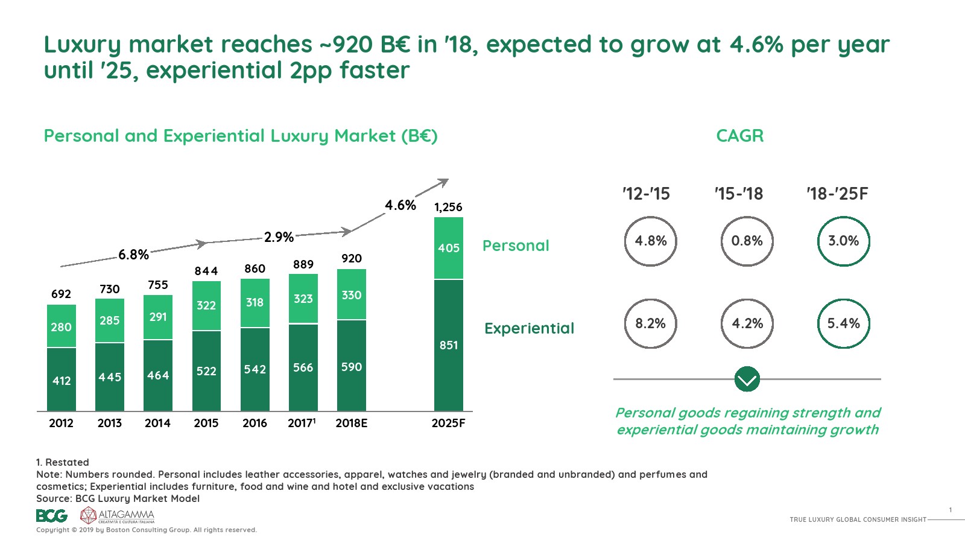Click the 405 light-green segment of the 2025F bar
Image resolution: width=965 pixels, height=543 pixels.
[449, 248]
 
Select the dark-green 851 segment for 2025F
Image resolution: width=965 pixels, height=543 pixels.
[449, 345]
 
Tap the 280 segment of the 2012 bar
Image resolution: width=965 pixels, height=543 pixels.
[62, 326]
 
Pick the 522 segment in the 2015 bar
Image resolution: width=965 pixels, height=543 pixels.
[206, 370]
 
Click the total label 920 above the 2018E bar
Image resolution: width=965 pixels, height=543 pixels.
[352, 258]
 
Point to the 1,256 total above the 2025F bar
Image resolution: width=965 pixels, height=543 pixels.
[448, 208]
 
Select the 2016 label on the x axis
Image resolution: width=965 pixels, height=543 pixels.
[255, 423]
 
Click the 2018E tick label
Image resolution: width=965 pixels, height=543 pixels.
[352, 423]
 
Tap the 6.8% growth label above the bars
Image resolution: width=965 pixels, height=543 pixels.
[133, 255]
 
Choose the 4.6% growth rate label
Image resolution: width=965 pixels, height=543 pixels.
[400, 205]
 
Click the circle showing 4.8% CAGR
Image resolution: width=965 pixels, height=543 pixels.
[650, 241]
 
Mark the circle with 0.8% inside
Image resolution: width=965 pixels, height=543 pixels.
[747, 241]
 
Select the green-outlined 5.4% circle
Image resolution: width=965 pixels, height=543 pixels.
[843, 324]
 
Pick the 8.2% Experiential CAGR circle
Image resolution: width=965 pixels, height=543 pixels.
[650, 324]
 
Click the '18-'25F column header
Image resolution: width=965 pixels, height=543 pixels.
[837, 194]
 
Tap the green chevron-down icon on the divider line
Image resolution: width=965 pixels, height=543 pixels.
[747, 379]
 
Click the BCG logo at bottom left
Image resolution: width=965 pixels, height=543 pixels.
[51, 516]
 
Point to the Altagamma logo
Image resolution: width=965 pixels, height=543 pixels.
[118, 515]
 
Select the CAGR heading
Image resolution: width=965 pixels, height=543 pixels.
[739, 136]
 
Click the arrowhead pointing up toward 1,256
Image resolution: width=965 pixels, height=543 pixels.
[444, 181]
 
